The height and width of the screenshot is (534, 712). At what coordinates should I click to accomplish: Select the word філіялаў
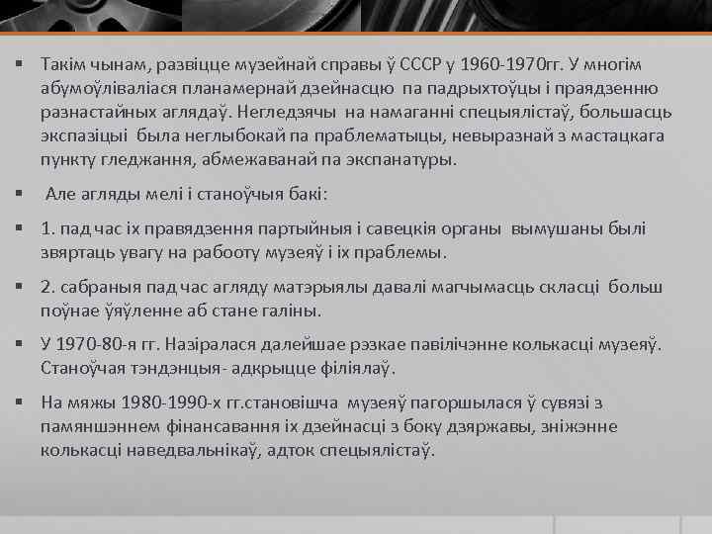pos(354,369)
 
